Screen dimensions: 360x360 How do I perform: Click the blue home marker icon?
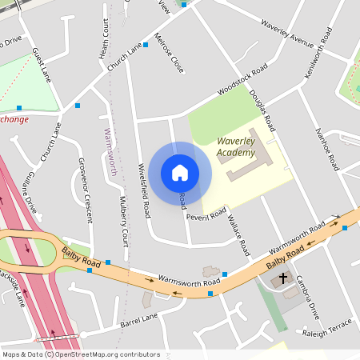pos(180,173)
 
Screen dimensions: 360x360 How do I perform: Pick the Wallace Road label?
pos(239,231)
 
